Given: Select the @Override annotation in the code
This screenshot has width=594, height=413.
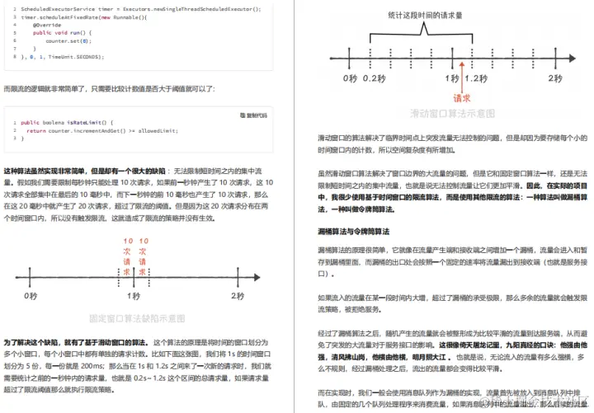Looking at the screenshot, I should pyautogui.click(x=45, y=25).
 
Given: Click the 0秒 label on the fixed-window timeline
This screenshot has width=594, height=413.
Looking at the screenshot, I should pyautogui.click(x=31, y=295).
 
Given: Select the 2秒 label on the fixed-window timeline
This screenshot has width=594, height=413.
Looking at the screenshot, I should pyautogui.click(x=238, y=295).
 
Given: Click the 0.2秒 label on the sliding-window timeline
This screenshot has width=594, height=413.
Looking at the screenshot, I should pyautogui.click(x=375, y=78).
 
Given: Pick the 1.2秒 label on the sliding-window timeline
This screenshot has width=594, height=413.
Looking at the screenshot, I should pyautogui.click(x=476, y=78).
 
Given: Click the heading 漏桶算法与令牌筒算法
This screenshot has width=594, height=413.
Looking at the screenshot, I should pyautogui.click(x=358, y=231).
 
